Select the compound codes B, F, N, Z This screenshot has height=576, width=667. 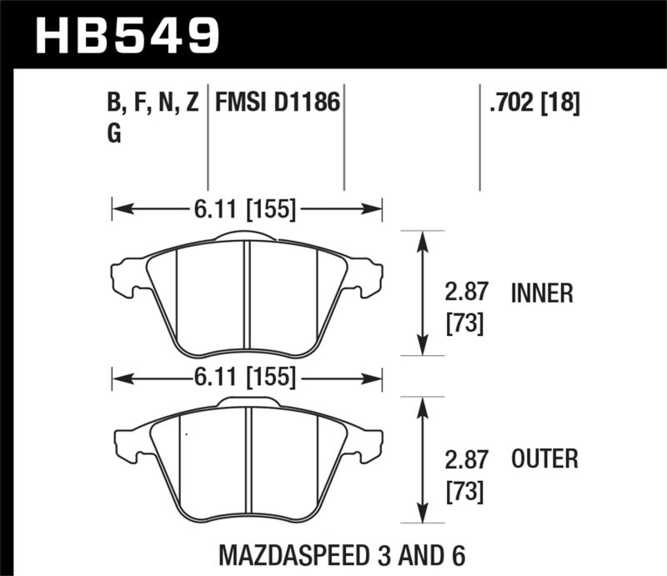(153, 104)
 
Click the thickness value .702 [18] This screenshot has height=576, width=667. (529, 104)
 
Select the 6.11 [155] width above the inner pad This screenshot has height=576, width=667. (247, 210)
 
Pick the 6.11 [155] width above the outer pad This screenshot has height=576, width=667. (247, 378)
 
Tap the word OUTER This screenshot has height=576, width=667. (544, 458)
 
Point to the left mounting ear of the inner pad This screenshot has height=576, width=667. (126, 274)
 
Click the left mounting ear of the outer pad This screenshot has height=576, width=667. (126, 442)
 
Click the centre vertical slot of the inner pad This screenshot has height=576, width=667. (247, 296)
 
